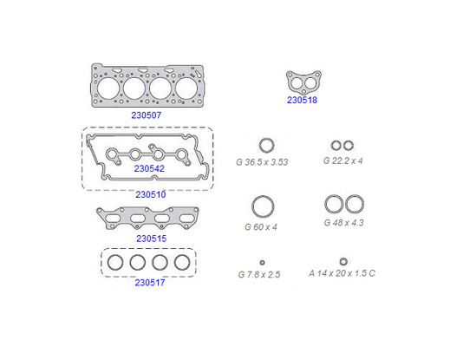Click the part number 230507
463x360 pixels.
tap(147, 115)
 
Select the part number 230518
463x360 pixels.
tap(302, 100)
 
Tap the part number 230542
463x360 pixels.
tap(149, 168)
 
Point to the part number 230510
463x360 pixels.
tap(151, 194)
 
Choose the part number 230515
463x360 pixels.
tap(152, 239)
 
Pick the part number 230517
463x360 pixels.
tap(150, 283)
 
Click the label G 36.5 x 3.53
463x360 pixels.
tap(262, 162)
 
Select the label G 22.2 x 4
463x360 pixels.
tap(342, 161)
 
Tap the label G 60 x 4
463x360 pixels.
tap(261, 227)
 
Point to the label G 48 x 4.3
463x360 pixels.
tap(343, 223)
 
